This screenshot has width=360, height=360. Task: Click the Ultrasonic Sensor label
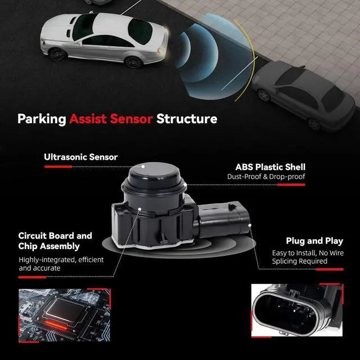click(80, 157)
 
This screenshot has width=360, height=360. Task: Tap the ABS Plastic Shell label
click(271, 167)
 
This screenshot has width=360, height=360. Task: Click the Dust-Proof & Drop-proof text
click(269, 178)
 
